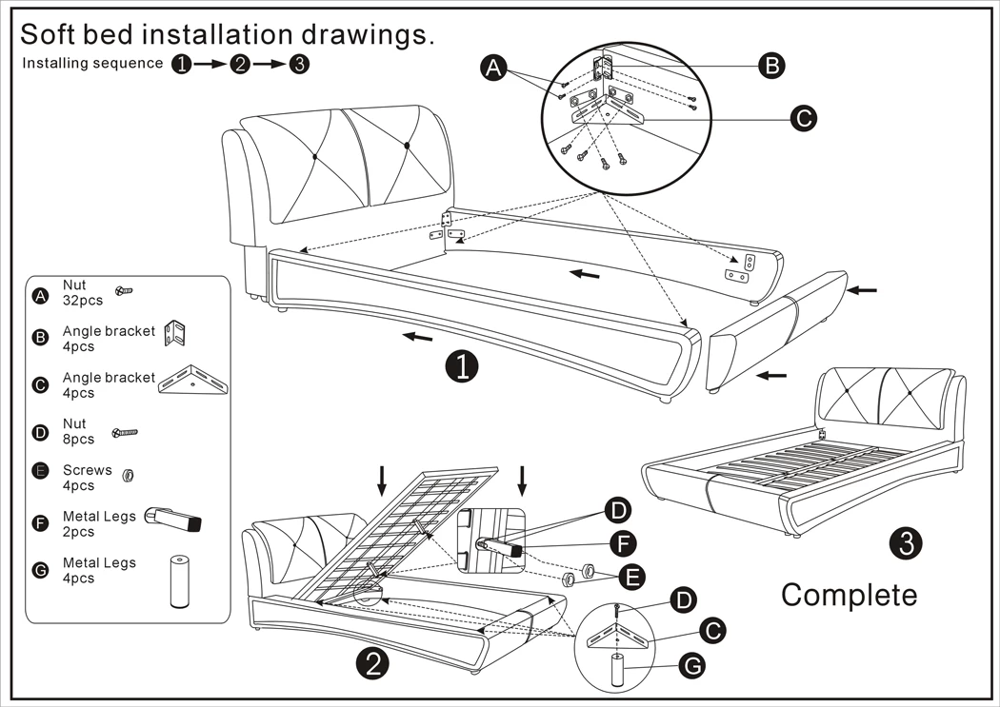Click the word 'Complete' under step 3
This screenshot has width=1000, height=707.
849,595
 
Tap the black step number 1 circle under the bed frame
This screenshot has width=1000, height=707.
462,365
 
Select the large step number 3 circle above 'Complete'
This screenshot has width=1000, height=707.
906,542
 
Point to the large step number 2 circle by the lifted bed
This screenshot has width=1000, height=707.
372,663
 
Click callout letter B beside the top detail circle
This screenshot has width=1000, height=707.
770,66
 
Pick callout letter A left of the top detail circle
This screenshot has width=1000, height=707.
493,68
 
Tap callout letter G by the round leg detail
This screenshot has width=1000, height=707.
693,667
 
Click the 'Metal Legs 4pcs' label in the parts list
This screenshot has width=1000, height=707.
99,570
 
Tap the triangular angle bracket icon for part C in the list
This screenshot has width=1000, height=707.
194,385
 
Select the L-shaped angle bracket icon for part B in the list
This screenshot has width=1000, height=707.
178,335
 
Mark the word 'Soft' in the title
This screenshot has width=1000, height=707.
54,34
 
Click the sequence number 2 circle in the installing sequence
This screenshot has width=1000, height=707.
239,64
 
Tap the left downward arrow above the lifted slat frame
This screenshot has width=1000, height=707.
381,481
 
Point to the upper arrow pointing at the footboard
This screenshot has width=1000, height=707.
862,288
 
